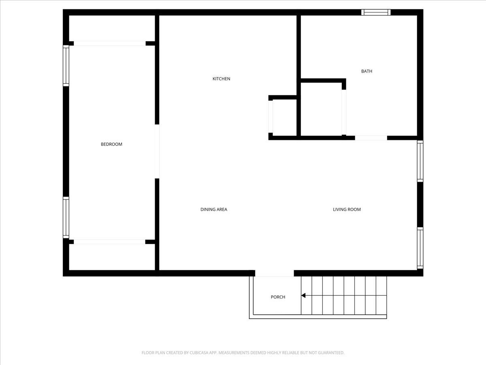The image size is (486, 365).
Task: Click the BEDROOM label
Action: click(x=111, y=144)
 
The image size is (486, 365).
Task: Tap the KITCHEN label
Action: click(x=221, y=79)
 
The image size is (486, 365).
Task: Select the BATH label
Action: click(x=367, y=71)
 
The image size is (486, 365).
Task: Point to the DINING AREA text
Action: click(x=214, y=209)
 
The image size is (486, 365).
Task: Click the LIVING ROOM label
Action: click(x=347, y=209)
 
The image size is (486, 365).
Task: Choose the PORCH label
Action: click(x=278, y=297)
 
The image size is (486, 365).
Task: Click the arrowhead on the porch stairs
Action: click(x=303, y=295)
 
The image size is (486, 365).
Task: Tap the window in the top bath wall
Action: click(x=376, y=13)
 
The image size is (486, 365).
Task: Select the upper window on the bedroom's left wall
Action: click(x=66, y=66)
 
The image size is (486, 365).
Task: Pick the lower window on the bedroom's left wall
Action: click(x=66, y=217)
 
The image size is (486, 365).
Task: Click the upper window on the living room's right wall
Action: click(x=420, y=161)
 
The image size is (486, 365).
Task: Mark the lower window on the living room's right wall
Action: click(x=420, y=248)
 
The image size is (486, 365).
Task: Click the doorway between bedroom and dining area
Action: click(x=157, y=151)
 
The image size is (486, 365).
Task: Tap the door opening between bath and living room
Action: click(x=371, y=138)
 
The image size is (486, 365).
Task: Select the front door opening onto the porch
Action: click(x=274, y=273)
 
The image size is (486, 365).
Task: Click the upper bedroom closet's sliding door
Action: click(x=110, y=43)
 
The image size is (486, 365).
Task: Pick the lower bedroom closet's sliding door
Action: click(x=109, y=242)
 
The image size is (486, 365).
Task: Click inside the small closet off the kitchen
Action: click(x=285, y=118)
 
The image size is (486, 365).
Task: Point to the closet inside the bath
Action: click(x=321, y=109)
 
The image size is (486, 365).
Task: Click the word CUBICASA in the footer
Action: click(x=198, y=352)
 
